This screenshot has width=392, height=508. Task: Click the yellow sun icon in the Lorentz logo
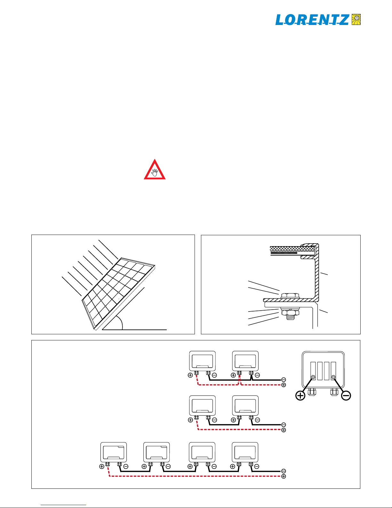(x=356, y=20)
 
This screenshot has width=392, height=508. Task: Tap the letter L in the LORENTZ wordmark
(x=281, y=20)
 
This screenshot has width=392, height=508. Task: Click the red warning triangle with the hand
(x=155, y=170)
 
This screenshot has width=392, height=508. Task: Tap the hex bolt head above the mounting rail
(x=290, y=296)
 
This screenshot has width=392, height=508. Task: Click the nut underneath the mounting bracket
(x=290, y=312)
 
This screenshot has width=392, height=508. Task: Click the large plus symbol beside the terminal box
(x=300, y=396)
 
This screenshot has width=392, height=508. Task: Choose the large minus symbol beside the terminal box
(x=346, y=396)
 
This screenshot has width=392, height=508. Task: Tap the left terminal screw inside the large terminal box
(x=313, y=377)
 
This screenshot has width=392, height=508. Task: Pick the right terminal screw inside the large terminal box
(x=333, y=377)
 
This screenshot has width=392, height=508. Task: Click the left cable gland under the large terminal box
(x=312, y=391)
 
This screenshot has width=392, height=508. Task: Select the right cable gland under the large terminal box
(x=334, y=391)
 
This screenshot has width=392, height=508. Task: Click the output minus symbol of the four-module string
(x=284, y=471)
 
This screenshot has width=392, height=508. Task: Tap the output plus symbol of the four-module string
(x=284, y=477)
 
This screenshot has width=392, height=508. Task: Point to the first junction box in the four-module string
(x=114, y=452)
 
